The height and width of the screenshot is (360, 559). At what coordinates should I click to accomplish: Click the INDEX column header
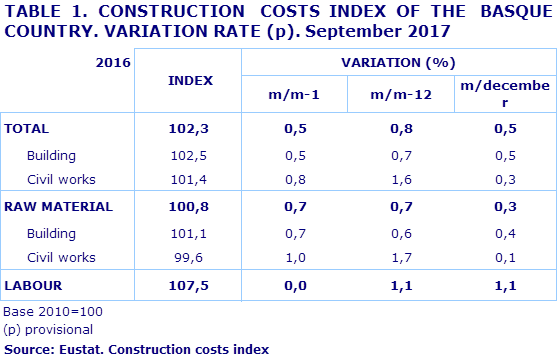(189, 80)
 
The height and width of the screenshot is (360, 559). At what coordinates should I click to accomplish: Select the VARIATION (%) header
(398, 62)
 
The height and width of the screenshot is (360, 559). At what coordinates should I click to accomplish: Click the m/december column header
(504, 93)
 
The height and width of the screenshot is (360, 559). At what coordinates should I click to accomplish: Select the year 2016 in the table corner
(112, 62)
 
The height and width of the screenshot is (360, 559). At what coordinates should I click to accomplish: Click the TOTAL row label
(28, 128)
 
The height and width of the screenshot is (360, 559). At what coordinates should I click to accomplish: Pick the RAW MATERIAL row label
(59, 207)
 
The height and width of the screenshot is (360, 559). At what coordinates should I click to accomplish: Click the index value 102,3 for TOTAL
(189, 128)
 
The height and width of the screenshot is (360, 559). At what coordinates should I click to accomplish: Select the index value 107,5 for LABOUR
(189, 285)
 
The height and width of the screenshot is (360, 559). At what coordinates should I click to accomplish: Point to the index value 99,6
(189, 257)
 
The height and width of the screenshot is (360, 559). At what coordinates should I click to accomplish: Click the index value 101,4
(189, 179)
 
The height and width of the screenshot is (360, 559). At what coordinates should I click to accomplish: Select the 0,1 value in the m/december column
(504, 257)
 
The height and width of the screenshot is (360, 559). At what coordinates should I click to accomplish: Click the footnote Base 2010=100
(53, 312)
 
